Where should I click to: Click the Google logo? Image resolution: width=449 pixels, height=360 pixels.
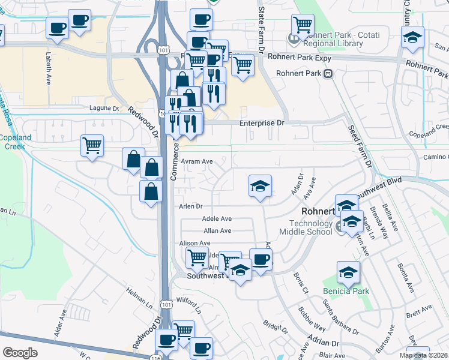pyautogui.click(x=20, y=353)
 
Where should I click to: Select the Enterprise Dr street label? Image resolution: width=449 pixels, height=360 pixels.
pyautogui.click(x=261, y=122)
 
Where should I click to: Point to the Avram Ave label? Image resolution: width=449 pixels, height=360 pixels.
pyautogui.click(x=198, y=161)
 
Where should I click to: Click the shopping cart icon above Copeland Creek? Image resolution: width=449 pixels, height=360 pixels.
pyautogui.click(x=92, y=145)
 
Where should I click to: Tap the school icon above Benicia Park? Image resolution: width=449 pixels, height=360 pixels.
pyautogui.click(x=348, y=273)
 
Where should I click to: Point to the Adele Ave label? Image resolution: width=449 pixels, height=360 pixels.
pyautogui.click(x=217, y=219)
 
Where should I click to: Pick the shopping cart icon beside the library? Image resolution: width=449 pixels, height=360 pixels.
pyautogui.click(x=303, y=25)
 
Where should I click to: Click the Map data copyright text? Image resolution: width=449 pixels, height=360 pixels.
pyautogui.click(x=424, y=355)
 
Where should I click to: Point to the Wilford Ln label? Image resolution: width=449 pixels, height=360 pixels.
pyautogui.click(x=188, y=305)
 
